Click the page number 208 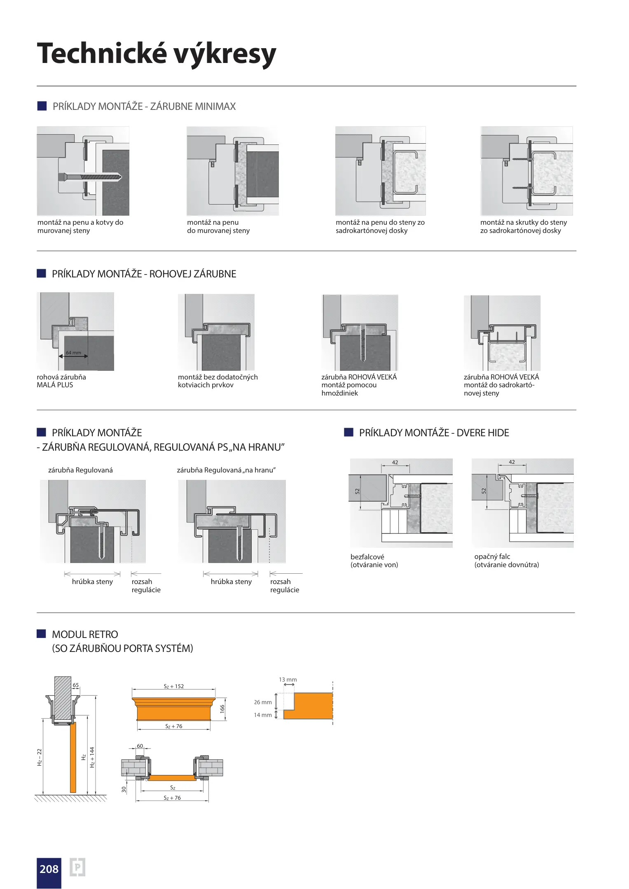[49, 869]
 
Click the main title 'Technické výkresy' [157, 54]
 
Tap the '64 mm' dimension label [74, 353]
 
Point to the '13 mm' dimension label [288, 680]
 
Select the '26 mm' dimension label [263, 702]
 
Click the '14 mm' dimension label [263, 715]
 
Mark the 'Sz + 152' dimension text [174, 686]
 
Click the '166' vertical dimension [222, 709]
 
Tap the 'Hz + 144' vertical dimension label [92, 757]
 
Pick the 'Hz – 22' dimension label [40, 757]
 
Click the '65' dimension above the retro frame [76, 685]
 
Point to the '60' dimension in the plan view [140, 746]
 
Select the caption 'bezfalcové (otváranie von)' [374, 561]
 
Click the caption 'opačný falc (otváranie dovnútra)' [507, 561]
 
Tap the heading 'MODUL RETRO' [85, 634]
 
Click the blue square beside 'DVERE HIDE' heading [349, 432]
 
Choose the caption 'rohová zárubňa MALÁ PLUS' [61, 381]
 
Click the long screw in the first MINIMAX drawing [90, 177]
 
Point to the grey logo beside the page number [77, 867]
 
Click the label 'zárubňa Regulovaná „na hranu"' [226, 470]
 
